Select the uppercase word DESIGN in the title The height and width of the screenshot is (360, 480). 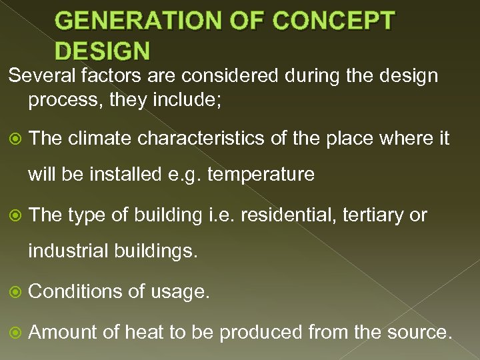coord(103,51)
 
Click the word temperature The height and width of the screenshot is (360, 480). coord(261,175)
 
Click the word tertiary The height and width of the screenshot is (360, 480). coord(377,215)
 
